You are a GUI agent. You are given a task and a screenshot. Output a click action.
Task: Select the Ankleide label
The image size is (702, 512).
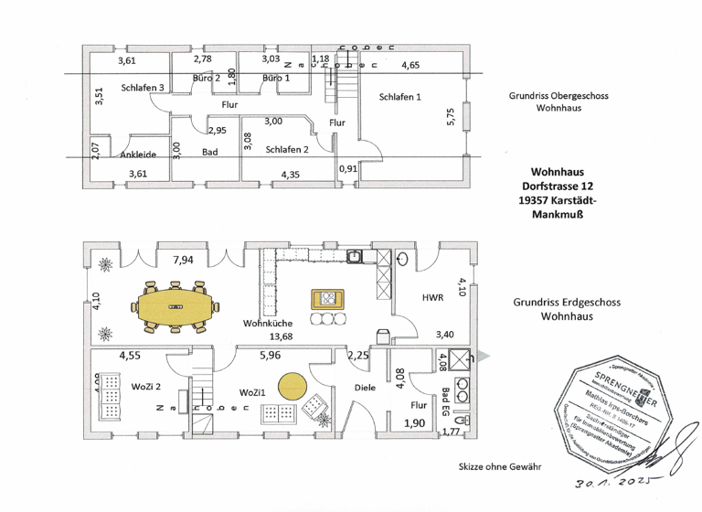pyautogui.click(x=139, y=155)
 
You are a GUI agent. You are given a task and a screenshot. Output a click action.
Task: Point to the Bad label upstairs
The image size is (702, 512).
pyautogui.click(x=209, y=153)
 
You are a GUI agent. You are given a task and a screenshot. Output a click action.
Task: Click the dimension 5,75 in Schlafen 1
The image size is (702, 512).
pyautogui.click(x=450, y=119)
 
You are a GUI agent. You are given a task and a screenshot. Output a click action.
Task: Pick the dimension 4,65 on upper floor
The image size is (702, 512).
pyautogui.click(x=410, y=65)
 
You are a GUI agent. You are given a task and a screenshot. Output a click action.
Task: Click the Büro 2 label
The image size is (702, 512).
pyautogui.click(x=207, y=80)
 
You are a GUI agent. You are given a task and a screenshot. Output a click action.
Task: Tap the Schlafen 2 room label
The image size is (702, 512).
pyautogui.click(x=287, y=149)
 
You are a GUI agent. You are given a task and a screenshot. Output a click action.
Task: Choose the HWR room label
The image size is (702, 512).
pyautogui.click(x=432, y=298)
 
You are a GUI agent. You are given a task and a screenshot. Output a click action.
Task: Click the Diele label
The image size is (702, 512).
pyautogui.click(x=366, y=388)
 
